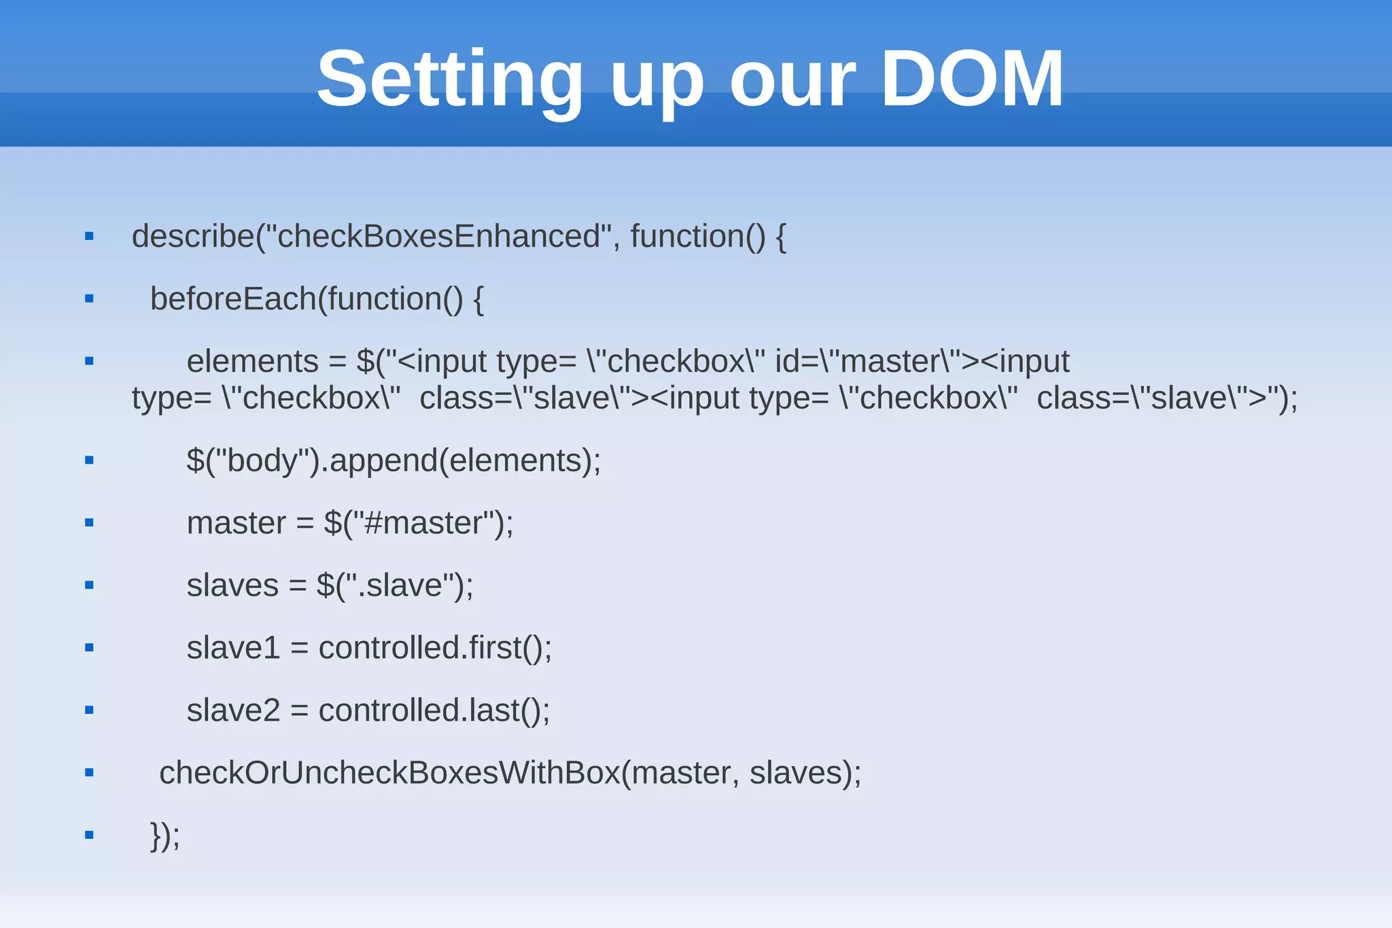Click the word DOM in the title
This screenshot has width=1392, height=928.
(x=972, y=79)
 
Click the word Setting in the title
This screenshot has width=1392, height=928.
(x=449, y=80)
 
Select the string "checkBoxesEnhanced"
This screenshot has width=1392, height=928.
(x=438, y=237)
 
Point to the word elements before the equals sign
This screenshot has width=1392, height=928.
(x=252, y=362)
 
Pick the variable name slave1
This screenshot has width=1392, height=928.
(x=233, y=648)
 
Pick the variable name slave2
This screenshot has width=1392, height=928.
(x=233, y=710)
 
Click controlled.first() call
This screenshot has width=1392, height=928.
(x=434, y=648)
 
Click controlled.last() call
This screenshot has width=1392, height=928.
(x=434, y=710)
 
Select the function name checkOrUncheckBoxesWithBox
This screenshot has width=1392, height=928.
(x=389, y=773)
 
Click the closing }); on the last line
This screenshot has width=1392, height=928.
(x=165, y=835)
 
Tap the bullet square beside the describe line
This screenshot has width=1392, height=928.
(x=89, y=237)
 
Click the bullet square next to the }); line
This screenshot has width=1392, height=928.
(x=89, y=835)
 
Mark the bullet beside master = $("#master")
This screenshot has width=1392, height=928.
(x=89, y=523)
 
